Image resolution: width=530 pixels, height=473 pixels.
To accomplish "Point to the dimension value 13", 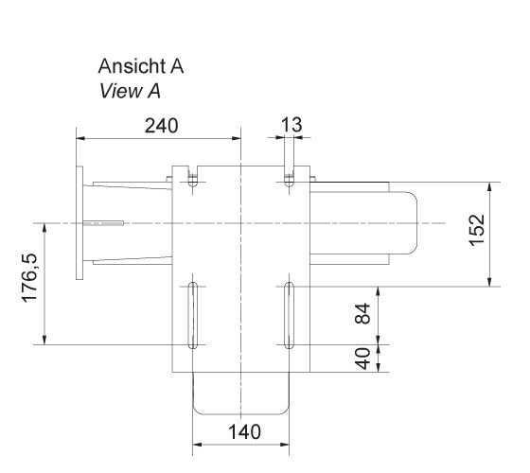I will [291, 125].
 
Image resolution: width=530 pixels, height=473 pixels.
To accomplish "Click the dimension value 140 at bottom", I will [243, 431].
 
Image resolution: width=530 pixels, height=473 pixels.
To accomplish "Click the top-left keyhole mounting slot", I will [193, 180].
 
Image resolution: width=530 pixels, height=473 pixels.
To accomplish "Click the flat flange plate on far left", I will [79, 223].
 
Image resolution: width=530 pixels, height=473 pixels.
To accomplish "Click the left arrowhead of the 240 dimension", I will [79, 137].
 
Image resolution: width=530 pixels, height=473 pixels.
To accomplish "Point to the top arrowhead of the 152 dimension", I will [488, 184].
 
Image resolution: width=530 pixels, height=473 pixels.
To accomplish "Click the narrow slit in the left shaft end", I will [104, 224].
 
